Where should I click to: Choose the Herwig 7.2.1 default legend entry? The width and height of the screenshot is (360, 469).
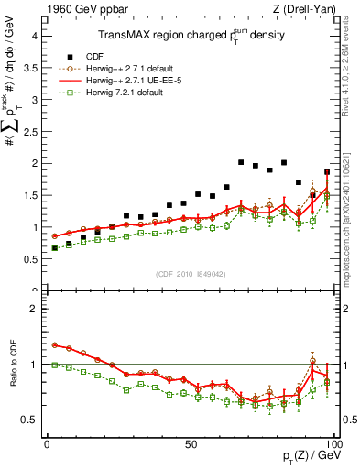(125, 93)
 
